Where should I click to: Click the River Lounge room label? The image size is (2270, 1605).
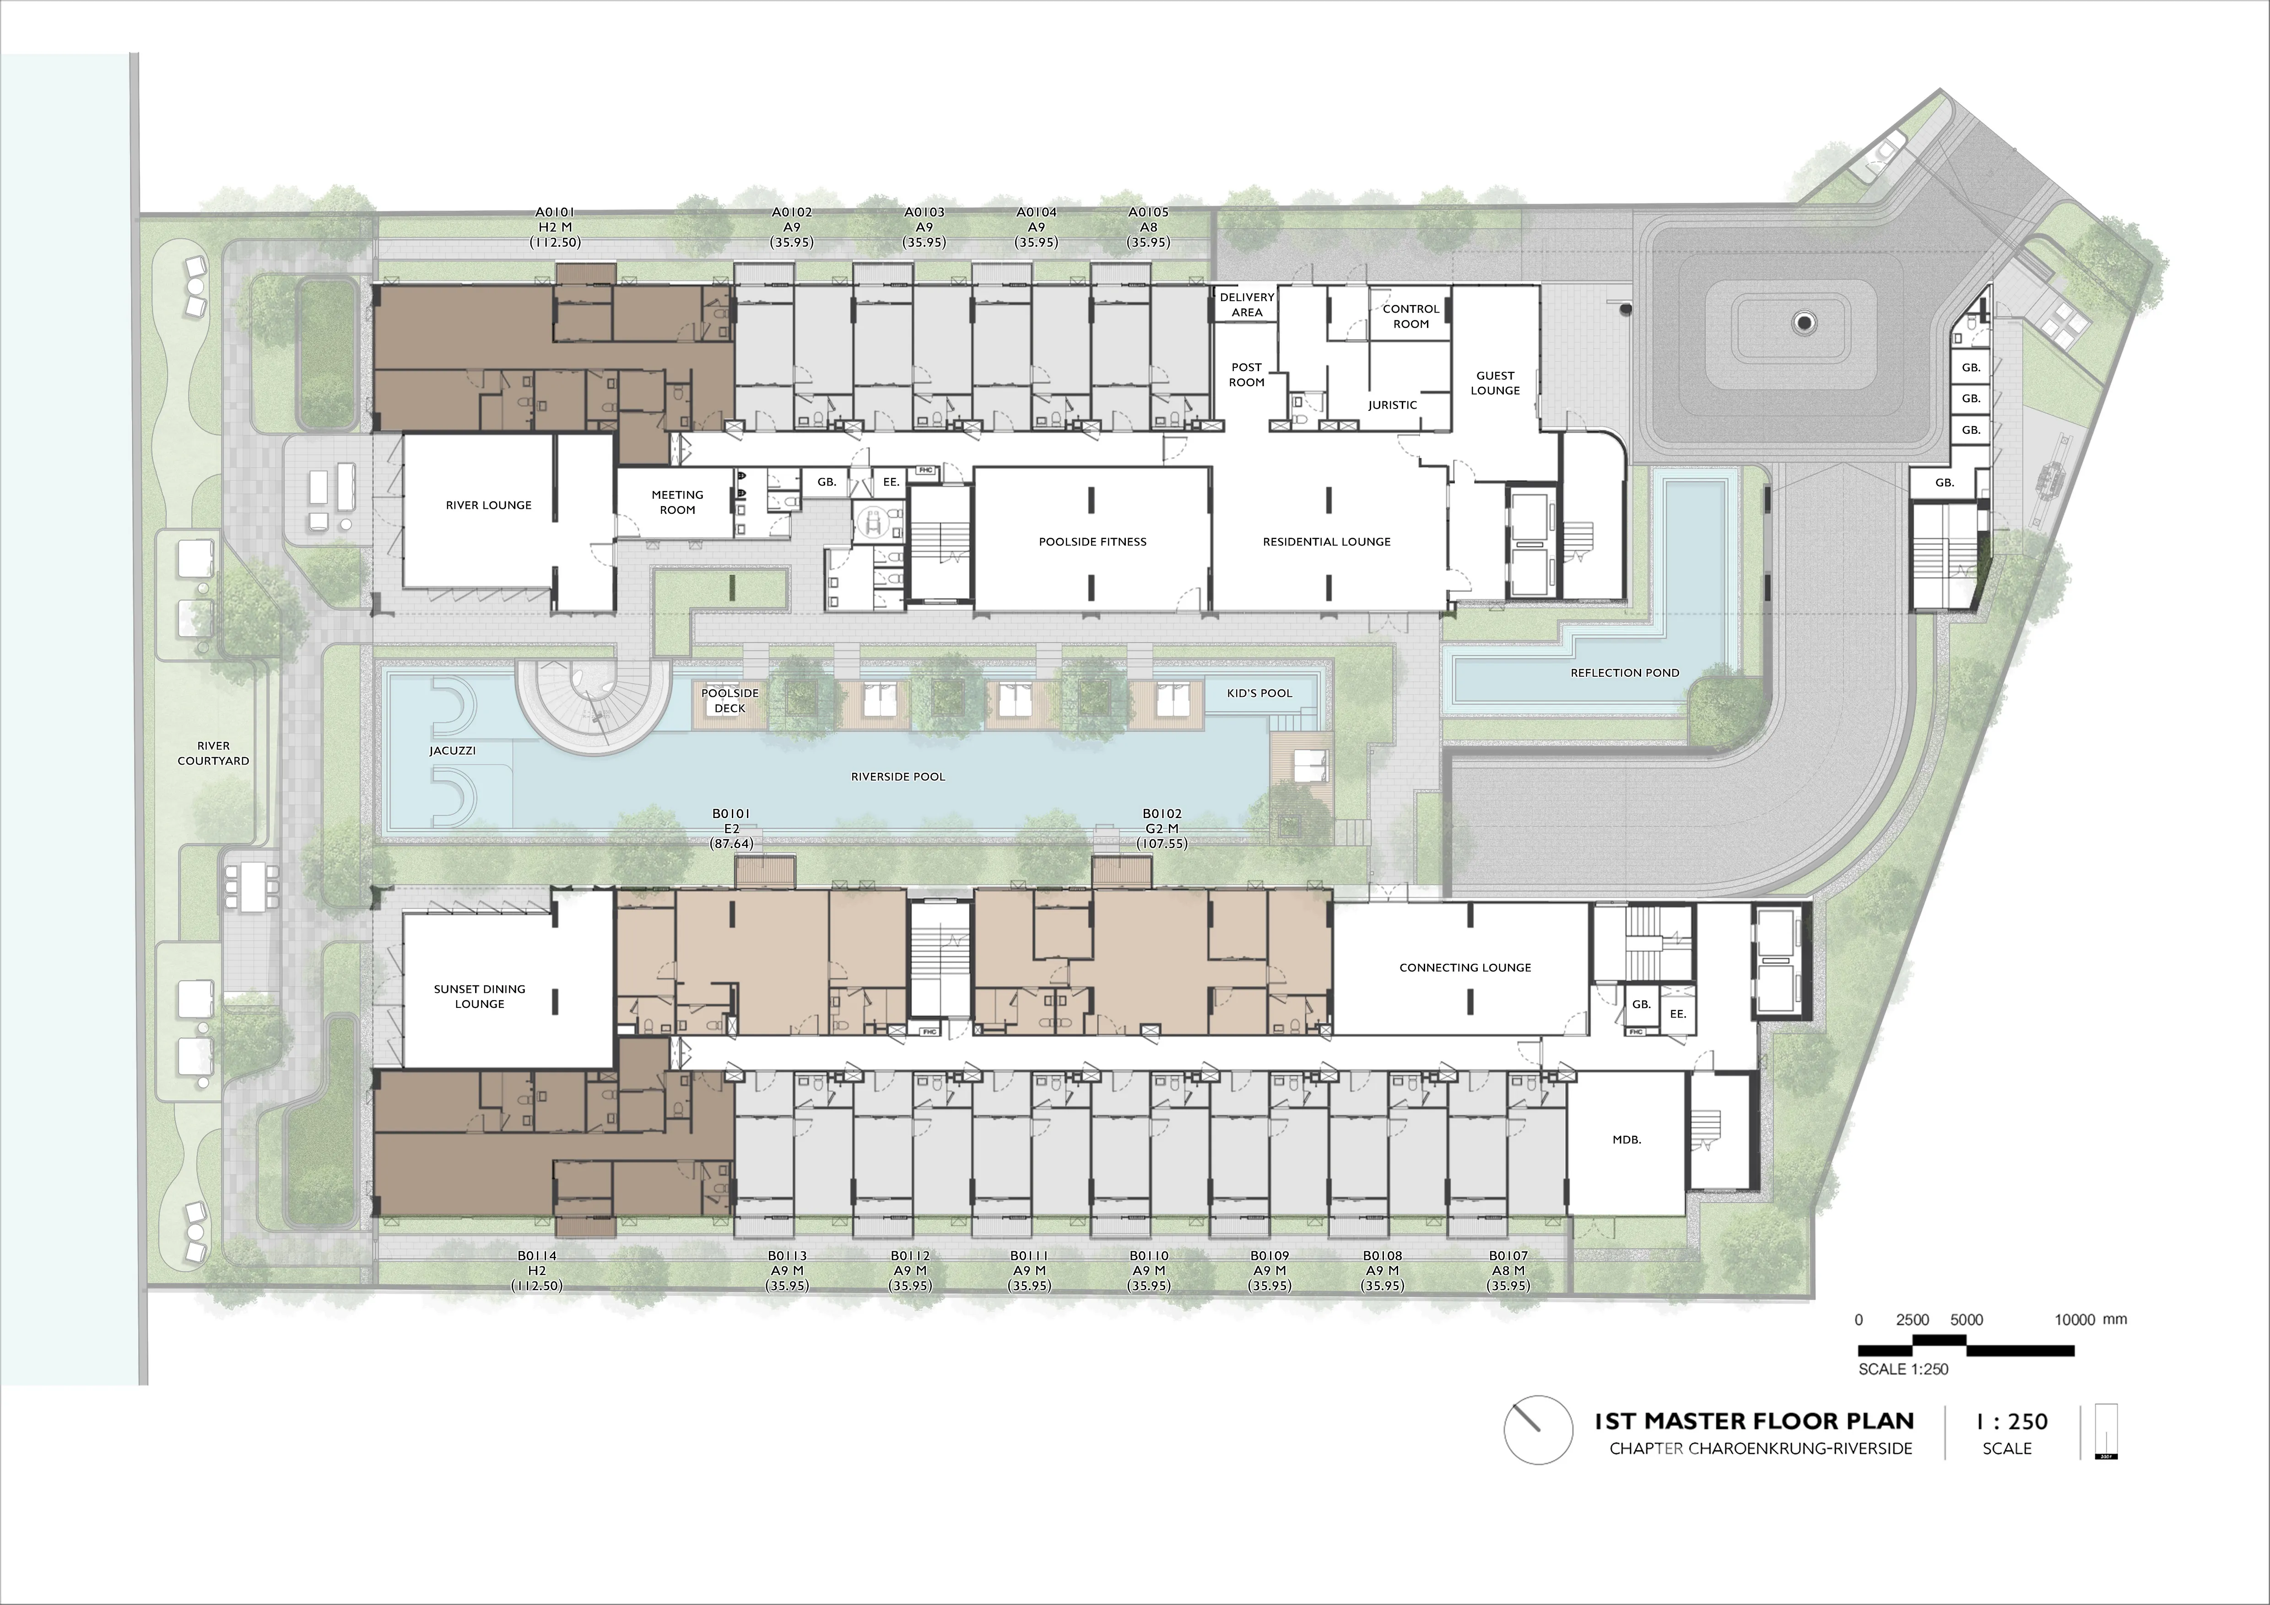coord(488,505)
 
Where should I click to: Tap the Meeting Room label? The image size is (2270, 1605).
coord(677,502)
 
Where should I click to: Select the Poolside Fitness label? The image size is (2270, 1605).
coord(1092,542)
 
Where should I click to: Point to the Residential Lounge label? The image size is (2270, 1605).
coord(1327,542)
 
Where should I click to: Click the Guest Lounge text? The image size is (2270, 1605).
coord(1495,382)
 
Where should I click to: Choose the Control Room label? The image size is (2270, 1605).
coord(1411,316)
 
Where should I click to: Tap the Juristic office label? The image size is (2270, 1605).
coord(1392,405)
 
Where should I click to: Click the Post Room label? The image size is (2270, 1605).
coord(1247,375)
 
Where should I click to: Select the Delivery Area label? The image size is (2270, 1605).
coord(1247,304)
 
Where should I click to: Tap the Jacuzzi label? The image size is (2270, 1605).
coord(453,751)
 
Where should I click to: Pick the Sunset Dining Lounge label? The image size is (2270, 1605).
coord(480,996)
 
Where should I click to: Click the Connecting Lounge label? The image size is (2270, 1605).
coord(1465,968)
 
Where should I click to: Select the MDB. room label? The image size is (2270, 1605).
coord(1627,1140)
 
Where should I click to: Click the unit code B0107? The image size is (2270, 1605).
coord(1509,1256)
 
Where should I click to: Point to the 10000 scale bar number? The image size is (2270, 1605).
coord(2074,1320)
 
